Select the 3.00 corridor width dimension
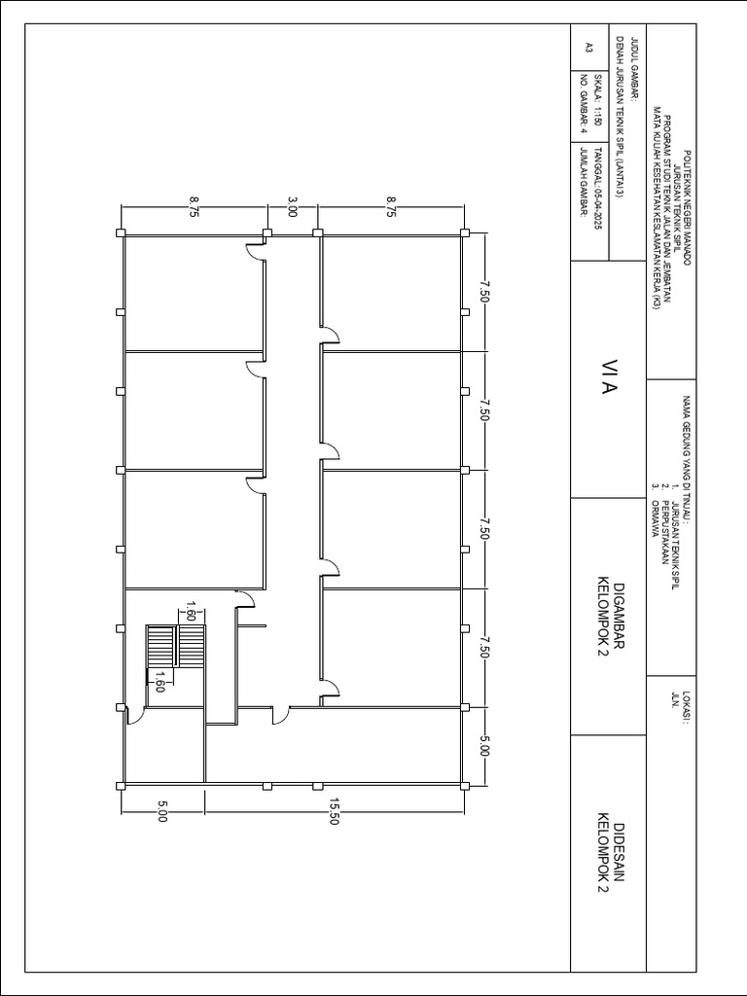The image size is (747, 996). click(x=292, y=207)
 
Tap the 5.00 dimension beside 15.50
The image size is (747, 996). click(x=162, y=811)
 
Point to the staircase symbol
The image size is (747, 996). click(x=176, y=646)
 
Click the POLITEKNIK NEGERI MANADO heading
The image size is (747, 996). click(x=688, y=207)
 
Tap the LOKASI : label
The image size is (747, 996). click(x=686, y=706)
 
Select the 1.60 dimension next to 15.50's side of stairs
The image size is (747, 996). click(x=160, y=682)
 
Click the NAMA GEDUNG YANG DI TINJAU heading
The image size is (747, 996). click(x=686, y=461)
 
